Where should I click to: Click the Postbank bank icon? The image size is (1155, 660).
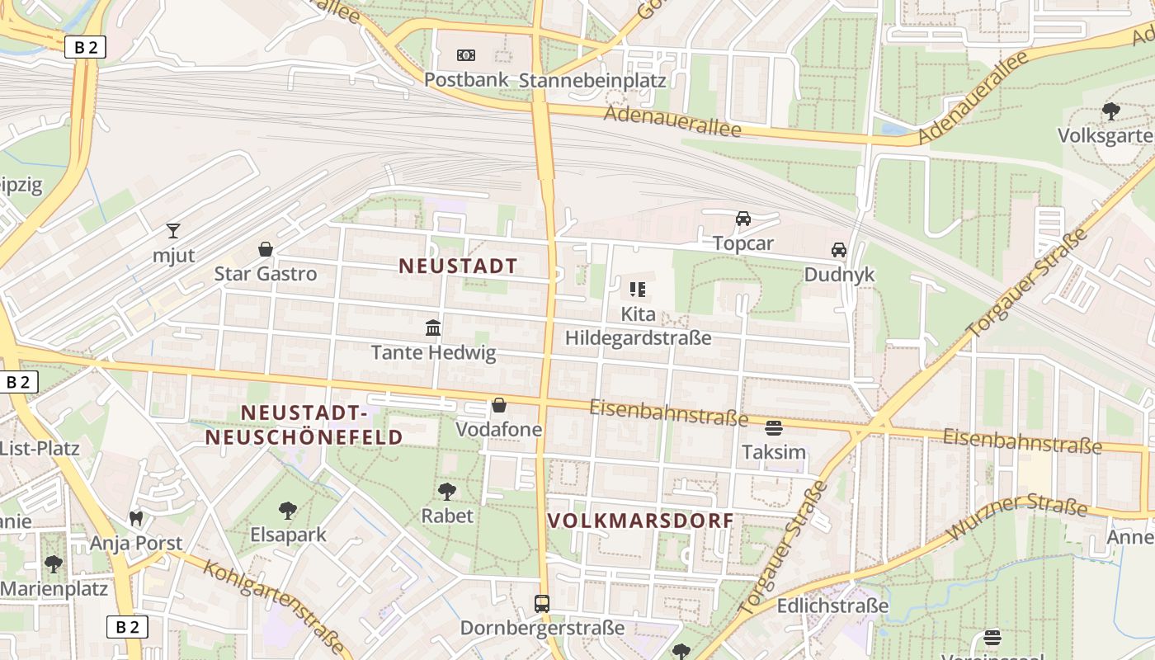point(466,55)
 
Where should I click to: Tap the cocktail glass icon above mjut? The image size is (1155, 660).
point(173,230)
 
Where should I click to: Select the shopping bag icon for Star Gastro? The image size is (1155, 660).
point(266,249)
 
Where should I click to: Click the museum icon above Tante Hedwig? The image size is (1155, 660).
point(433,328)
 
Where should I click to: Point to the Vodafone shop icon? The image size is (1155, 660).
point(499,405)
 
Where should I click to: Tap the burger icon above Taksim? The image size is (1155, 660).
point(773,427)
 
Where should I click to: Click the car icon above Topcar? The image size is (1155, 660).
point(743,219)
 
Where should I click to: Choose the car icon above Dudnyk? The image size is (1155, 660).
point(839,250)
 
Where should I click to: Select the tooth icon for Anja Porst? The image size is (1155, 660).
point(136,519)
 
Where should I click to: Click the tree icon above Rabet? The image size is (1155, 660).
point(447,492)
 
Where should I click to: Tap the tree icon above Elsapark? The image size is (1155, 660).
point(288,511)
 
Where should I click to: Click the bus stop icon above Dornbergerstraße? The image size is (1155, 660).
point(541,603)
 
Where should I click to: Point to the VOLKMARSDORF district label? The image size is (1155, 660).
point(640,521)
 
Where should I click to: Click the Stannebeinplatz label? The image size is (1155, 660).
point(592,80)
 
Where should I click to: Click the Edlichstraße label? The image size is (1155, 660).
point(832,606)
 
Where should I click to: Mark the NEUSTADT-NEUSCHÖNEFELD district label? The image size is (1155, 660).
point(304,425)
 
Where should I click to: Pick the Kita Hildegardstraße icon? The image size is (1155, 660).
point(638,290)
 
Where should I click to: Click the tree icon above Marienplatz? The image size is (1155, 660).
point(54,564)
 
